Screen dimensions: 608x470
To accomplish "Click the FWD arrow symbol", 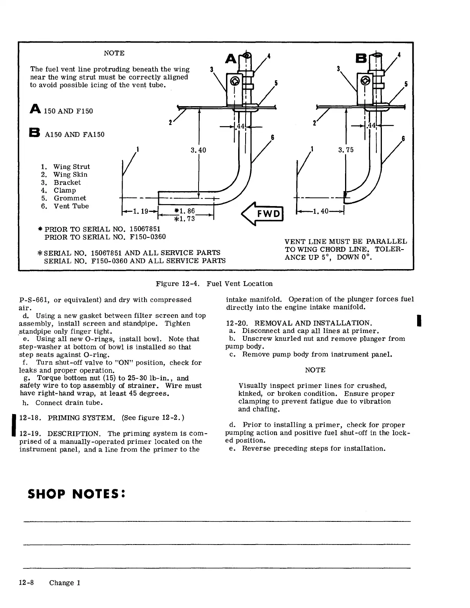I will (x=263, y=214).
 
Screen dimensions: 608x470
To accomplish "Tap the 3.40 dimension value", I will (x=198, y=150).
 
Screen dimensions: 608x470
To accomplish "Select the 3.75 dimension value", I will (x=345, y=150).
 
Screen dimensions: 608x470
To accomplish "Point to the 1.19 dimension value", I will (x=140, y=212).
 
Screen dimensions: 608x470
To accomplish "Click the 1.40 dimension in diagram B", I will (x=320, y=212).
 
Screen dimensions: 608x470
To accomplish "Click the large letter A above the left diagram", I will (x=230, y=59).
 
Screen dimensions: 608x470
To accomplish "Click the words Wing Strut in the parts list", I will (x=72, y=167).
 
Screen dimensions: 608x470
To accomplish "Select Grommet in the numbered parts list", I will (x=70, y=198).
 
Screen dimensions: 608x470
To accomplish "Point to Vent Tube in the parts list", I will (x=71, y=206).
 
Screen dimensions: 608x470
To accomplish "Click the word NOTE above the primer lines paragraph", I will (x=315, y=370).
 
